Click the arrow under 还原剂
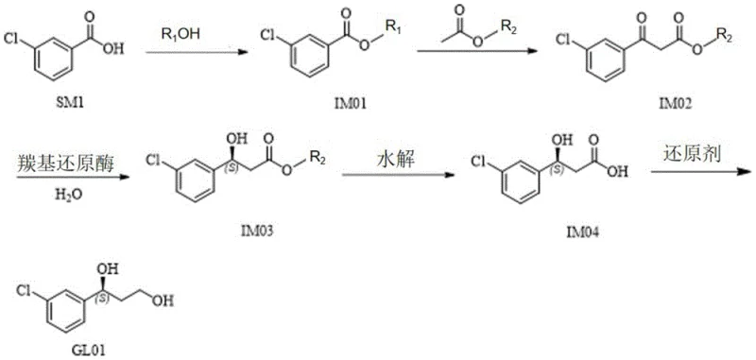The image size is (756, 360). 699,170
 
